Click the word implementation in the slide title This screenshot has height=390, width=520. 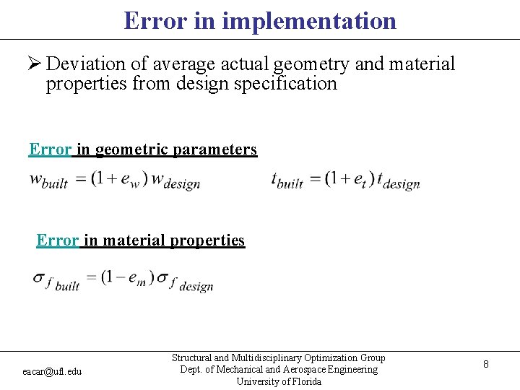[x=309, y=20]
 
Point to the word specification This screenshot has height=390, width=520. [x=282, y=84]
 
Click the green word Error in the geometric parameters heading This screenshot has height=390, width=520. [x=50, y=149]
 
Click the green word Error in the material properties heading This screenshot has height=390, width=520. [x=57, y=240]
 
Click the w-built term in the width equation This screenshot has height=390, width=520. [x=48, y=181]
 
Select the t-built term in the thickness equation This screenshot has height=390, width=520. [x=287, y=181]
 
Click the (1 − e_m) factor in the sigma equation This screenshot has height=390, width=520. [x=128, y=279]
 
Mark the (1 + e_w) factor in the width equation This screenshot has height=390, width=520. [x=119, y=179]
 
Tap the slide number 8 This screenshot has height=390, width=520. [x=486, y=365]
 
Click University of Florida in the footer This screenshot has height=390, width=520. [x=279, y=381]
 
